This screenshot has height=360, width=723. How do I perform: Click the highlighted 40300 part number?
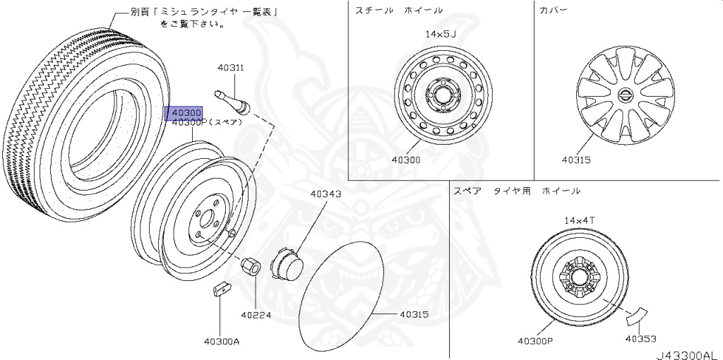184,113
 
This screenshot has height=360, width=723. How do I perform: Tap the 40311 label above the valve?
230,68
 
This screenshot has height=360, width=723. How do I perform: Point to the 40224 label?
256,315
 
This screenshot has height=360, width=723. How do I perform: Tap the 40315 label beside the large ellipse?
414,314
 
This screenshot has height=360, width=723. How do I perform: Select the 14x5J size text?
441,34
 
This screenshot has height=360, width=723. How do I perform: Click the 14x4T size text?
580,220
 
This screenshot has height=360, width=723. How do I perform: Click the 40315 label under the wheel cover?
575,160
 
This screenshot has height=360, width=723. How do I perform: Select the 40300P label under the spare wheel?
534,341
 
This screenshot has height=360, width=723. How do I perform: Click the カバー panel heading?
553,11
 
